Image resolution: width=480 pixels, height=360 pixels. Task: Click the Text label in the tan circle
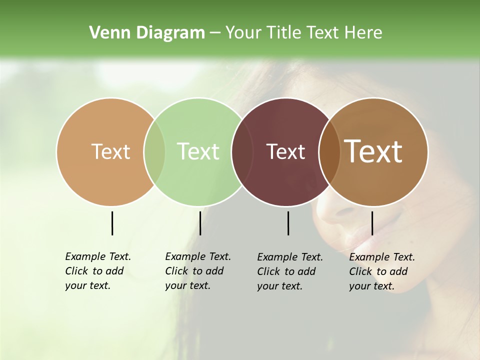coord(110,151)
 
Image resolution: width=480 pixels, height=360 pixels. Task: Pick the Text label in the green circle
coord(198,151)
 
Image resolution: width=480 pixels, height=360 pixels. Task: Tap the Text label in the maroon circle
coord(286,151)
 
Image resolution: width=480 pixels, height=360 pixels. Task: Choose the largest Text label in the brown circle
coord(373,151)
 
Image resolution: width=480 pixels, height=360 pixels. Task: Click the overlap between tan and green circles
coord(154,152)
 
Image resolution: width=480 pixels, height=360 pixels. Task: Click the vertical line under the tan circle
coord(112,223)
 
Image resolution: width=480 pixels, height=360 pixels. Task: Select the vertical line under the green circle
coord(200,223)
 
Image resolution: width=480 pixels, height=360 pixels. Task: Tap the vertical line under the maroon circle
coord(288,223)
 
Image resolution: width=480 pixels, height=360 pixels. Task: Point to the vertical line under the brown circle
coord(372,223)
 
